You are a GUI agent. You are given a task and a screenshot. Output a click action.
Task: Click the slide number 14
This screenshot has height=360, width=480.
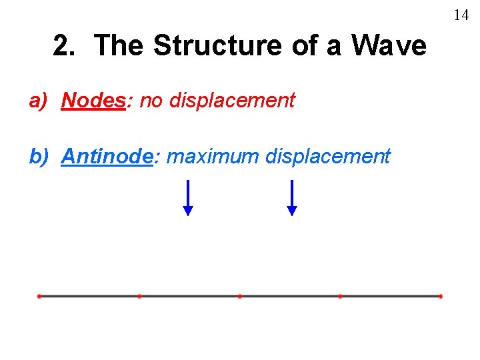461,15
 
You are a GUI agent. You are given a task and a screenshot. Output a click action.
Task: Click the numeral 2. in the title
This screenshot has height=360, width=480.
64,46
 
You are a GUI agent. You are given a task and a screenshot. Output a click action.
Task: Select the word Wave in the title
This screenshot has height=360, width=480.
389,46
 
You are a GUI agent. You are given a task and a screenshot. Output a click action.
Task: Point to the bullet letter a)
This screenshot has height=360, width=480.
39,101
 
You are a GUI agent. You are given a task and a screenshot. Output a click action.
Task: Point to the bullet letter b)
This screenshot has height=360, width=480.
39,157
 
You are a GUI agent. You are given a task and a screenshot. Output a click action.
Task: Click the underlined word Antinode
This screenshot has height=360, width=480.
107,157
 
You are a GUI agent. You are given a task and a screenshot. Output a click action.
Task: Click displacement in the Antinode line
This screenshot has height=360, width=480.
327,157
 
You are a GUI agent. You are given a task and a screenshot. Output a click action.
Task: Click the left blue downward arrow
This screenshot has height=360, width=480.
188,198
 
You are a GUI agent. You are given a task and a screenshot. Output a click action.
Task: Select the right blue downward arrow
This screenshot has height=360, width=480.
291,198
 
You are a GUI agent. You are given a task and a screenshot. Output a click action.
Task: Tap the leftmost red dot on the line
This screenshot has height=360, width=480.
39,296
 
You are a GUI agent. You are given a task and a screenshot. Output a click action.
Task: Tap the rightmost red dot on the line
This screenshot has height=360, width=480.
441,296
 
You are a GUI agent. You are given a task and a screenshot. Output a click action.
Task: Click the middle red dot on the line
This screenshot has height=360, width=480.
239,296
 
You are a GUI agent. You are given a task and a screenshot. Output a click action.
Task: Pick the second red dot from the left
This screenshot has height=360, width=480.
139,296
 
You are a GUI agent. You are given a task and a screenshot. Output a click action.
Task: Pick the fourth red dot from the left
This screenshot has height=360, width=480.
340,296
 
